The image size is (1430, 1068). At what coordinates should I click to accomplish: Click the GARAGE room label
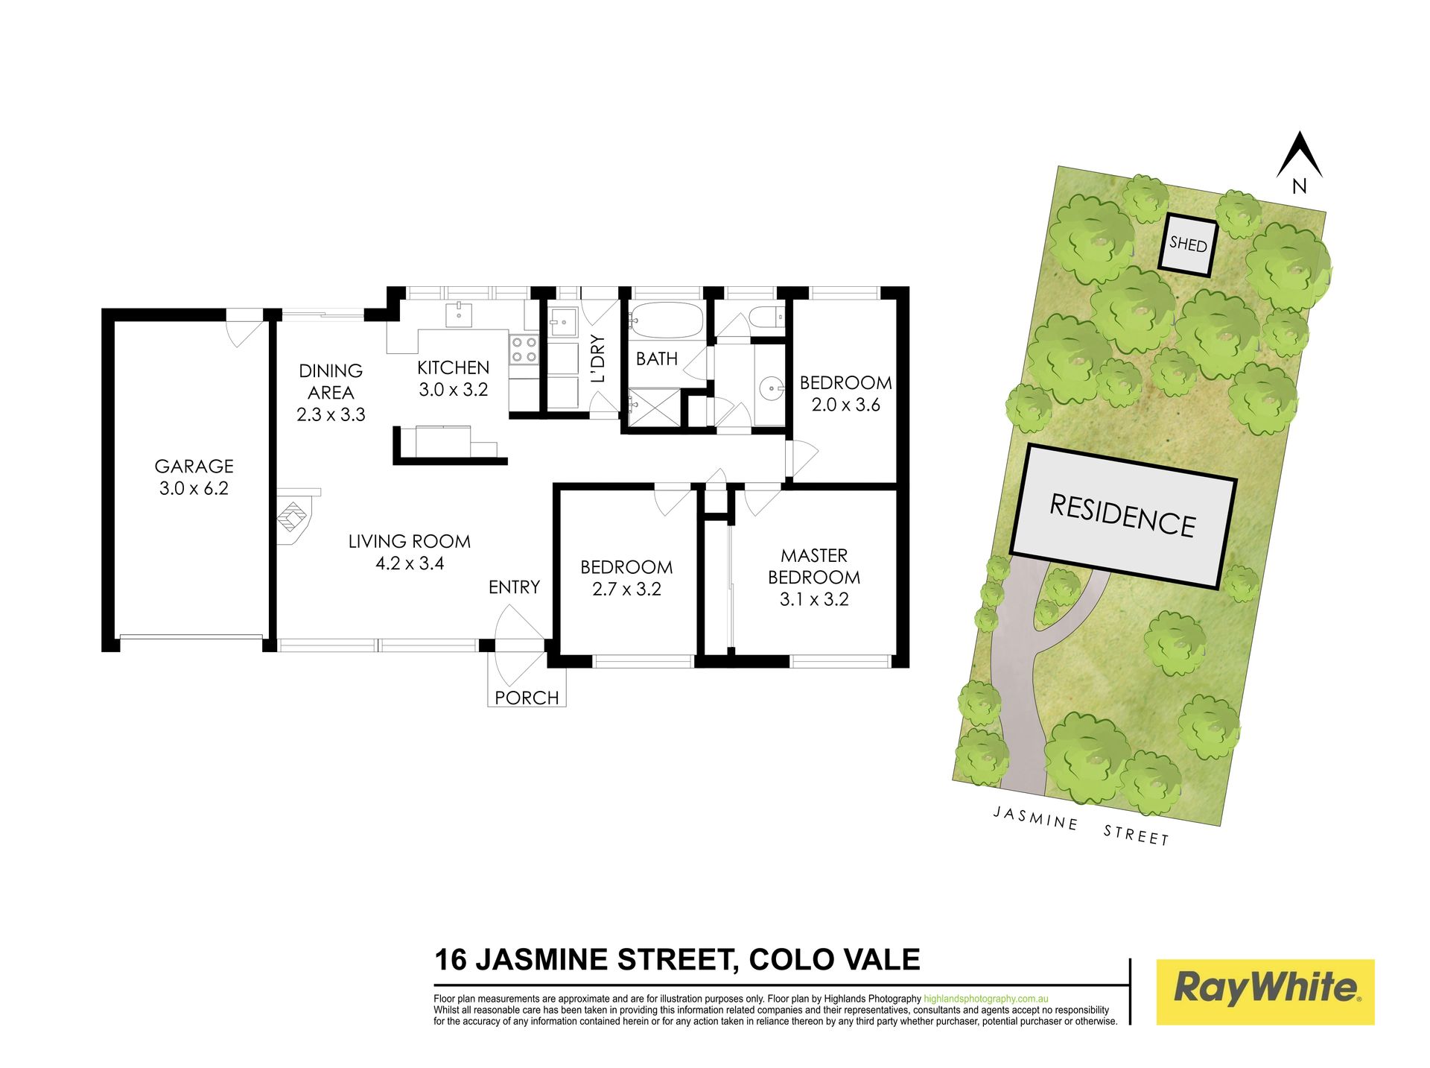[194, 467]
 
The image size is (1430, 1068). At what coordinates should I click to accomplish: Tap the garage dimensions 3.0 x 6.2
[194, 489]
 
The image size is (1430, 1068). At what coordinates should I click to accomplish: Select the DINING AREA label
[331, 382]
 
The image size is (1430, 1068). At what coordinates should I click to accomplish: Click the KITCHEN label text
[453, 367]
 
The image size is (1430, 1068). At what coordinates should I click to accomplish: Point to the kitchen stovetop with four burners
[524, 350]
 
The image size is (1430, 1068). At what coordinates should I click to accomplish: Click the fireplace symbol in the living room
[295, 516]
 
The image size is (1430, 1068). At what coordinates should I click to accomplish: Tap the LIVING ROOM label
[410, 541]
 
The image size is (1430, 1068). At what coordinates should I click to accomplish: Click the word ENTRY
[514, 587]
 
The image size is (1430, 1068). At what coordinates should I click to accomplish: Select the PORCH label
[527, 698]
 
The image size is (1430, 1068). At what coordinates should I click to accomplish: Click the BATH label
[657, 359]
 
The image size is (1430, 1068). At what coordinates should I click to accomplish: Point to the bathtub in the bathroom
[666, 321]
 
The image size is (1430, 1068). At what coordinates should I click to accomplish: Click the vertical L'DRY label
[597, 358]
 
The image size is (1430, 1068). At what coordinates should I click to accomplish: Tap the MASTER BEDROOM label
[814, 566]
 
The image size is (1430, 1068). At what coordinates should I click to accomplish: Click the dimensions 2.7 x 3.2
[626, 590]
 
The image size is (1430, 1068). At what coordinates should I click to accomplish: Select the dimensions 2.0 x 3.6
[845, 405]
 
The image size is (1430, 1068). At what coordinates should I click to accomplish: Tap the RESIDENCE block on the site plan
[1123, 516]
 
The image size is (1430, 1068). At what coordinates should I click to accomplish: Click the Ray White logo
[1265, 991]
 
